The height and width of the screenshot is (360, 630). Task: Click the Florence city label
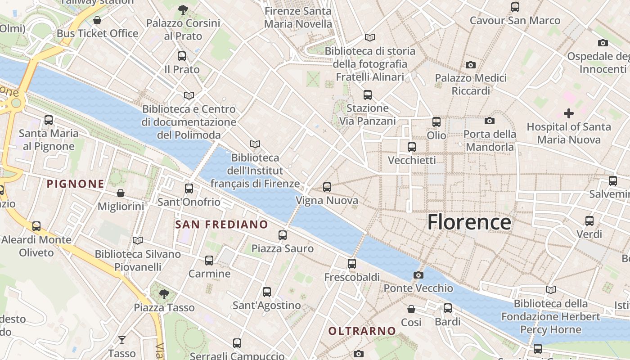coord(469,222)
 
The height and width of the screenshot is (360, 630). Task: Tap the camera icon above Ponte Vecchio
coord(418,275)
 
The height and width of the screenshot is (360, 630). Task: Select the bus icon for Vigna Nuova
coord(327,187)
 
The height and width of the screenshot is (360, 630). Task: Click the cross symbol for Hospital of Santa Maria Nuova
coord(569,113)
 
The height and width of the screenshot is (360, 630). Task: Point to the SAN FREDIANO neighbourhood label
coord(221,225)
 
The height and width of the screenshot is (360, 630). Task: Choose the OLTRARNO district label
coord(362,331)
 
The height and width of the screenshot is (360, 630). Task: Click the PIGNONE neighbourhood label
coord(76,184)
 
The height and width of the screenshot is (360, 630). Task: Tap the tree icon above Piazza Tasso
coord(164,294)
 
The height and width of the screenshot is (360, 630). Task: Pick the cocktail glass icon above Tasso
coord(122,340)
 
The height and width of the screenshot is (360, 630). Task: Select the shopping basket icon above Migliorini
coord(121,193)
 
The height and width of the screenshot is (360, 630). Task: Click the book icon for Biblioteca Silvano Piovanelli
coord(138,241)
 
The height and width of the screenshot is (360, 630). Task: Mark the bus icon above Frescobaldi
coord(352,264)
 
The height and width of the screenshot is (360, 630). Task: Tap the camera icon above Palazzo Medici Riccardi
coord(470,65)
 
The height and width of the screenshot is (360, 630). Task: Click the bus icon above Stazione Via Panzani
coord(368,94)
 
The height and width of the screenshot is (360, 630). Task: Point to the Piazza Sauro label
coord(282,248)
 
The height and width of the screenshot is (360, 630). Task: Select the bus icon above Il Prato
coord(182,56)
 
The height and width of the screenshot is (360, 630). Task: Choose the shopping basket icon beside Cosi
coord(411,309)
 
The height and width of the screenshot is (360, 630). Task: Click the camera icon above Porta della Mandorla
coord(489,121)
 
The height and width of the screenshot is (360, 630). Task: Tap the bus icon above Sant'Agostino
coord(267,292)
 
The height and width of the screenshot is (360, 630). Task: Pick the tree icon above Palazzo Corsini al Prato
coord(183,9)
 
